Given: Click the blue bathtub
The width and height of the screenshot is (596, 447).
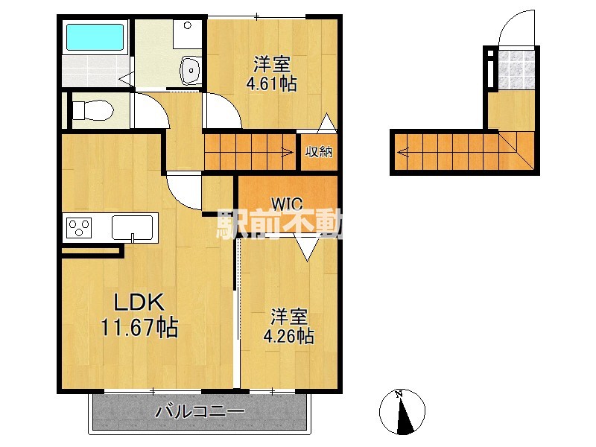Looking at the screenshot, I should (94, 37).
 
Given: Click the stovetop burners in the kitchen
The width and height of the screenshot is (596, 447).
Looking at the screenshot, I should (78, 226).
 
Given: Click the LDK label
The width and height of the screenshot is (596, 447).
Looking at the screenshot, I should (139, 303).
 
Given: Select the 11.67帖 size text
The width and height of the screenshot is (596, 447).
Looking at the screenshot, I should (139, 327).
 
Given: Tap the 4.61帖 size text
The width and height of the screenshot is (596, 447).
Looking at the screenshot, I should (271, 83).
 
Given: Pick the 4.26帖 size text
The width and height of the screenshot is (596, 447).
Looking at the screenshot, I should (288, 336).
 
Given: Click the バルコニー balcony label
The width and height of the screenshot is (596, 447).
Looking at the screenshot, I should (200, 412).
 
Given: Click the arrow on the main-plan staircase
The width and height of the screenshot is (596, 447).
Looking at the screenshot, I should (287, 153).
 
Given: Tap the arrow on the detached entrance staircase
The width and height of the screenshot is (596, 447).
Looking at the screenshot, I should (403, 153).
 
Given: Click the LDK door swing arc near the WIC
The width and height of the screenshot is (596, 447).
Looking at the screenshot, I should (183, 192).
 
